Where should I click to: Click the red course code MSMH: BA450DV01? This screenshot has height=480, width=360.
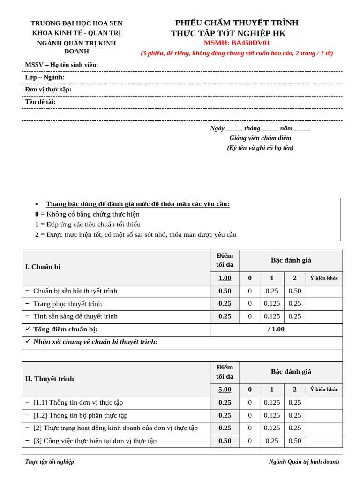click(237, 43)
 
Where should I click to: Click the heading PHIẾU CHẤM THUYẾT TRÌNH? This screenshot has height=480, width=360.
click(237, 22)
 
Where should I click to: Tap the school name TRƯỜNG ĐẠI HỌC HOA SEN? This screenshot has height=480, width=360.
click(76, 23)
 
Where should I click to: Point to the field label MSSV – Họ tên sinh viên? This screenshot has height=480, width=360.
click(61, 65)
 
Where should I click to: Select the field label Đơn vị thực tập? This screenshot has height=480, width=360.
click(48, 89)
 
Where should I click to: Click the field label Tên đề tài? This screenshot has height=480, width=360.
click(40, 102)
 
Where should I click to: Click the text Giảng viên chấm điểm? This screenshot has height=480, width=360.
click(260, 138)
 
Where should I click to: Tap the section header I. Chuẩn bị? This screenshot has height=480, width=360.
click(43, 267)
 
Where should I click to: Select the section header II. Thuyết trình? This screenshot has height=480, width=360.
click(49, 378)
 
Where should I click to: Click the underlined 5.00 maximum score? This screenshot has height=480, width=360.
click(225, 389)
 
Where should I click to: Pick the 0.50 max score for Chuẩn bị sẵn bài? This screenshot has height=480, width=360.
click(225, 291)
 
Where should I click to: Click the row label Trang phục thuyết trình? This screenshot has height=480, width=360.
click(67, 304)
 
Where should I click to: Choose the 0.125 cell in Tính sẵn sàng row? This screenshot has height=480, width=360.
click(272, 316)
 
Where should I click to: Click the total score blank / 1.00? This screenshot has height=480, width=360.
click(276, 329)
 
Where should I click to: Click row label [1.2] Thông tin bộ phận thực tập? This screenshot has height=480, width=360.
click(80, 415)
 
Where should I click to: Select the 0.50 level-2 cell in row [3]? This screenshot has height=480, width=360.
click(295, 441)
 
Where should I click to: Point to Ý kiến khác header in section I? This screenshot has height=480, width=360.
click(324, 278)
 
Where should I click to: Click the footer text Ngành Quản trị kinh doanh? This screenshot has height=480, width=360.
click(304, 461)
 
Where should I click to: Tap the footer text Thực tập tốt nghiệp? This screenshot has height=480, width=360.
click(49, 461)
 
